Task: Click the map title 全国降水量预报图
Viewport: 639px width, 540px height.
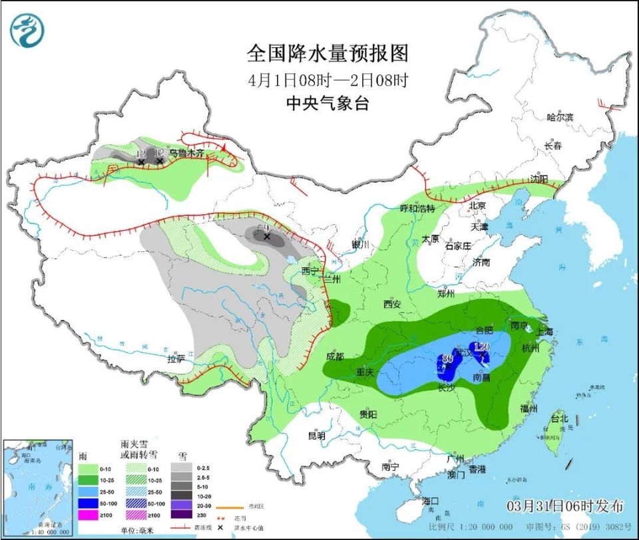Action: point(327,53)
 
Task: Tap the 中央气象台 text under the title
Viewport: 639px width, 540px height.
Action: point(327,104)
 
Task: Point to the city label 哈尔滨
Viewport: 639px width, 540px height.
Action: point(559,117)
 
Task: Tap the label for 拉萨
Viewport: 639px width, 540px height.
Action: point(176,359)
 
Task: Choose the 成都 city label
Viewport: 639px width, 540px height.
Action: point(335,356)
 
